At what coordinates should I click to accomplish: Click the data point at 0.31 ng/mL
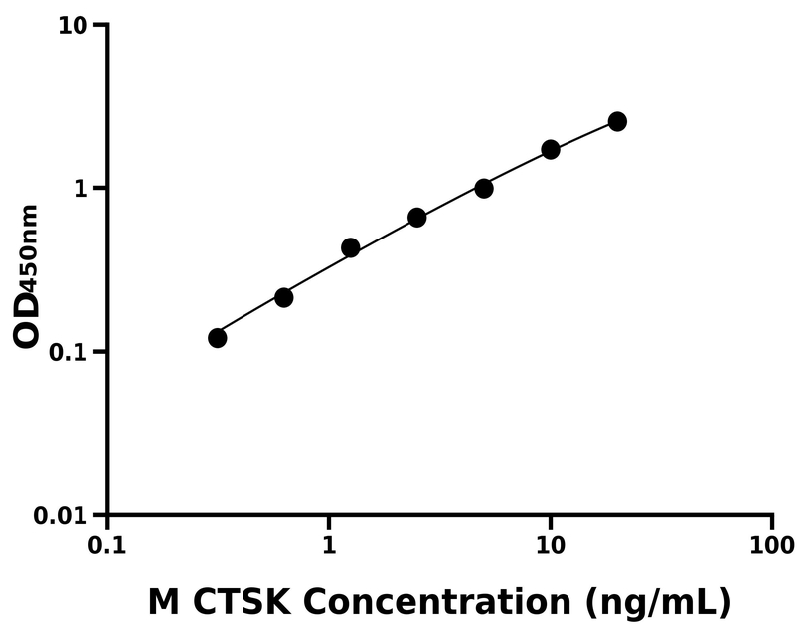coord(218,338)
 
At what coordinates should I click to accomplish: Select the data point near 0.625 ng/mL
coord(284,297)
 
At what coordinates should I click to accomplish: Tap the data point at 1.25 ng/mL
coord(351,247)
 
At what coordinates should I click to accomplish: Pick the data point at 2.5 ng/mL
coord(417,218)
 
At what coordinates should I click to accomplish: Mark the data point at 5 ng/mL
coord(484,188)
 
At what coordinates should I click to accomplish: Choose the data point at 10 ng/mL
coord(551,150)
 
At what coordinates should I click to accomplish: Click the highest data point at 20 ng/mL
coord(617,122)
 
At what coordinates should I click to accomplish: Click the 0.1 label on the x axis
coord(107,546)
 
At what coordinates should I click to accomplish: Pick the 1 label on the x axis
coord(329,546)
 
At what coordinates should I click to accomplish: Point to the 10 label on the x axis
coord(551,546)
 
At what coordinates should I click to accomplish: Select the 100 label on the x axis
coord(772,546)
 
